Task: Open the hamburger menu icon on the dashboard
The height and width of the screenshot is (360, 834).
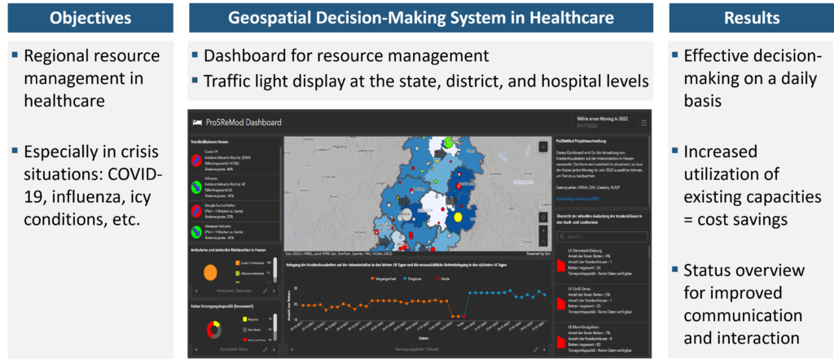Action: pyautogui.click(x=644, y=122)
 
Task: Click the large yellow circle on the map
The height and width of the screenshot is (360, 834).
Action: pyautogui.click(x=457, y=217)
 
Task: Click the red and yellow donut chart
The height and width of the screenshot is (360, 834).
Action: pyautogui.click(x=215, y=329)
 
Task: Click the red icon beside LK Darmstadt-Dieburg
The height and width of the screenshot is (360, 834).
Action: pyautogui.click(x=560, y=258)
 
